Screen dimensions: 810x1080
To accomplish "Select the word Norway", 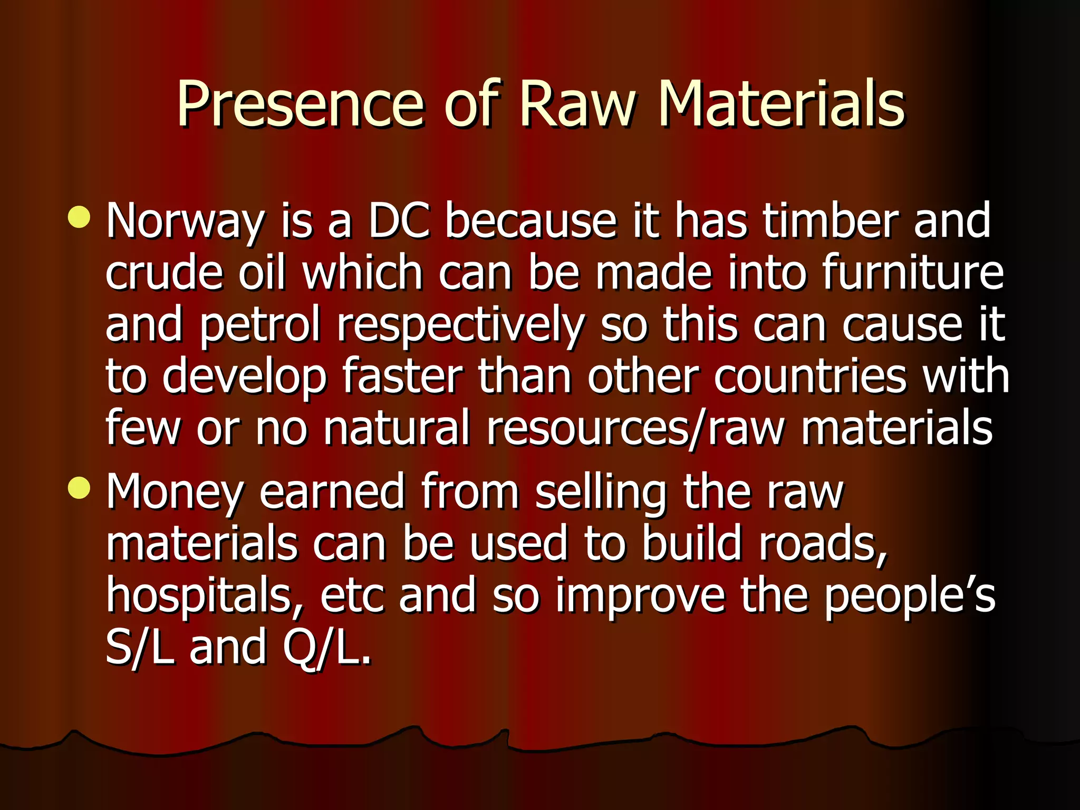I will [x=185, y=221].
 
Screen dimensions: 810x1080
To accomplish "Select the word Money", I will [x=175, y=493].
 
